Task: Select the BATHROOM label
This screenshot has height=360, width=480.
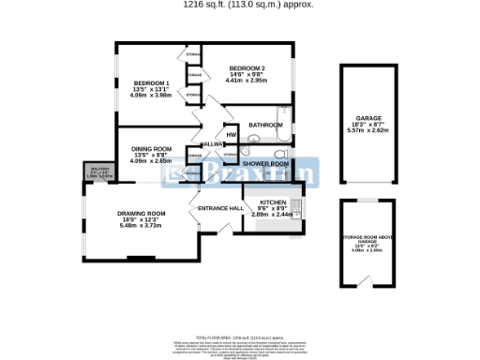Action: (x=265, y=125)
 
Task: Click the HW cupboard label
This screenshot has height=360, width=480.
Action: (x=230, y=133)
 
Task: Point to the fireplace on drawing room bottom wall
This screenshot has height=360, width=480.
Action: (x=141, y=258)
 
